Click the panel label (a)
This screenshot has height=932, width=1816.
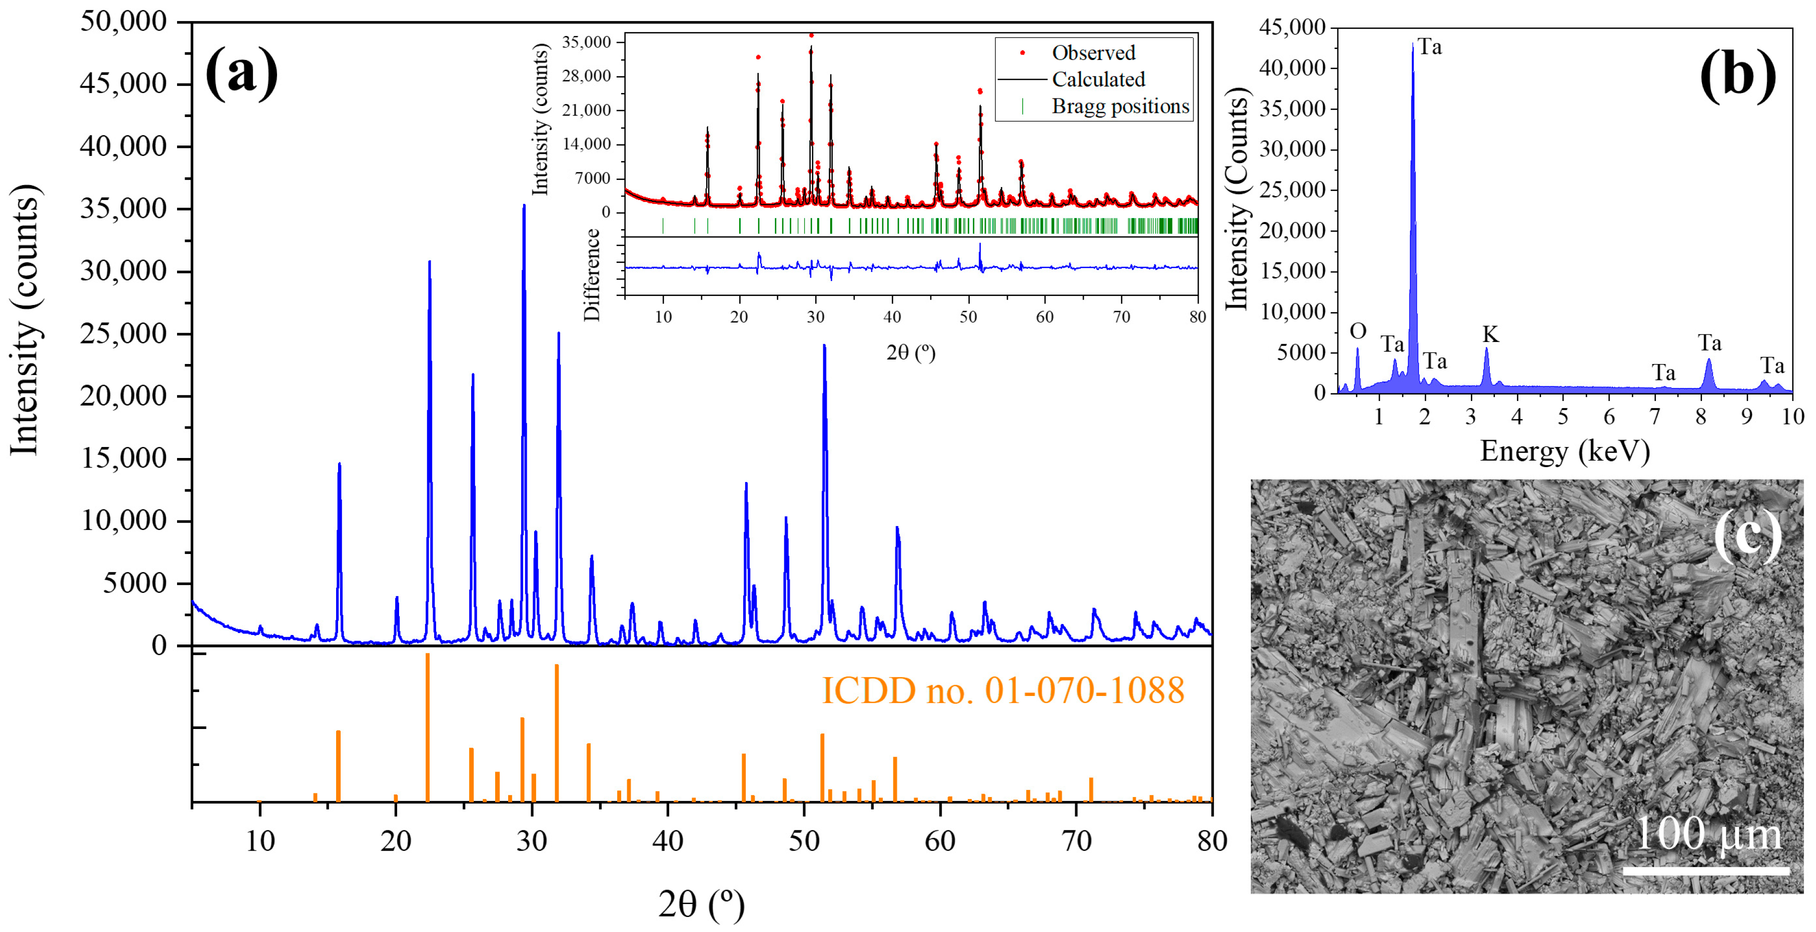241,72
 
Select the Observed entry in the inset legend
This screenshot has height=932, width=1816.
1093,53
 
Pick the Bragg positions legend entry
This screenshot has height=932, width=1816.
1119,106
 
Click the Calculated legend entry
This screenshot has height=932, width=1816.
1098,79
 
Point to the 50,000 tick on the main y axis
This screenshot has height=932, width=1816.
124,21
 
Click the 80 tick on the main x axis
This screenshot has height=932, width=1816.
1211,840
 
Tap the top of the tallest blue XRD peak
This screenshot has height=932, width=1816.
524,206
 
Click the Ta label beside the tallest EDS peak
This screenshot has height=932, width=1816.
1430,47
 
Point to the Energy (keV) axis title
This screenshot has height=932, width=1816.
1564,450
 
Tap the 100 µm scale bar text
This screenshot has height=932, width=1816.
1706,833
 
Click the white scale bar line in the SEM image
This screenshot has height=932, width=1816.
1706,870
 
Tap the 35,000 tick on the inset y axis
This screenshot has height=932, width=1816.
585,42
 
